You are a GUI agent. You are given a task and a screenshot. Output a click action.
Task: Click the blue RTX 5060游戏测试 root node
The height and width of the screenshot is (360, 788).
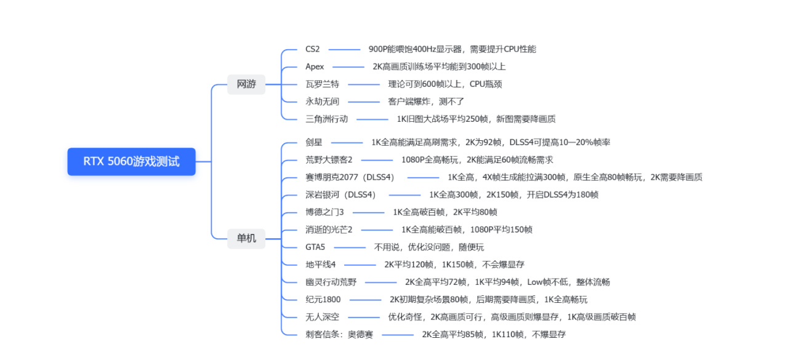[132, 162]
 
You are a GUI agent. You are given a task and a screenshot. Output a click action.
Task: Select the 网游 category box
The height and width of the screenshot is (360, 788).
[246, 84]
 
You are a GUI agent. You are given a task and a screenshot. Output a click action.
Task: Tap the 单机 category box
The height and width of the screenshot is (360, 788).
[246, 239]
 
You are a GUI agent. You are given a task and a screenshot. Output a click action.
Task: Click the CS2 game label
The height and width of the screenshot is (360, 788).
[312, 49]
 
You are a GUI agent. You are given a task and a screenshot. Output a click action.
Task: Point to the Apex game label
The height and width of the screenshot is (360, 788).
[315, 67]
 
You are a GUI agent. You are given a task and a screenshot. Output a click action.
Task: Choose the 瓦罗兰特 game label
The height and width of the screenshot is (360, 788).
[322, 84]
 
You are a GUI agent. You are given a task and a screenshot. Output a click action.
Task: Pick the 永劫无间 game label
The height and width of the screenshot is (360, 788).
[322, 102]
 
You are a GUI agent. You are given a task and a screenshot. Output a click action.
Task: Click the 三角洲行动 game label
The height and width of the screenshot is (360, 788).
[326, 119]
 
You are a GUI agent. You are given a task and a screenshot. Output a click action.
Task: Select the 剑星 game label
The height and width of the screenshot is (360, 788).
[314, 142]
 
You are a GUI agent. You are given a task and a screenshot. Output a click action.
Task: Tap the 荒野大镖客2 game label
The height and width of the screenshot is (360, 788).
[329, 160]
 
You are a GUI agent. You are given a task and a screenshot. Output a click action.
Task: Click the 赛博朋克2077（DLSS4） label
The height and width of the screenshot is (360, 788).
[350, 177]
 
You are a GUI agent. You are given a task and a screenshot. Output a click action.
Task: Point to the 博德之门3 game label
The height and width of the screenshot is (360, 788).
[324, 212]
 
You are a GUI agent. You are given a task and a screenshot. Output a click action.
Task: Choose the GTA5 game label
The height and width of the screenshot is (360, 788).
[315, 247]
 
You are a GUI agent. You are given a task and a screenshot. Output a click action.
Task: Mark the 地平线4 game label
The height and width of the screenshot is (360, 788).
[321, 265]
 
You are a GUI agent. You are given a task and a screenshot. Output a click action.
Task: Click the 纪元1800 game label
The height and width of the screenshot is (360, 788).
[323, 300]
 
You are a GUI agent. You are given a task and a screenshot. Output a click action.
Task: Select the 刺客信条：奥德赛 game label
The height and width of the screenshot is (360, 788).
[339, 334]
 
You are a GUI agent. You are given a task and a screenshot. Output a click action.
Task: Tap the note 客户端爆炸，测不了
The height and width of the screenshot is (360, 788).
[426, 102]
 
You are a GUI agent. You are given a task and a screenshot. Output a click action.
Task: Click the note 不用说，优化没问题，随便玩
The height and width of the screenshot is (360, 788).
[429, 247]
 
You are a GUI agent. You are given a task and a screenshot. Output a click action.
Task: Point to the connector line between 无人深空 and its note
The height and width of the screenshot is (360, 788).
[364, 318]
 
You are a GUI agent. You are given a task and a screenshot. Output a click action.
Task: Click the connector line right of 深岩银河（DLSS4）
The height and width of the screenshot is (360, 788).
[404, 195]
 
